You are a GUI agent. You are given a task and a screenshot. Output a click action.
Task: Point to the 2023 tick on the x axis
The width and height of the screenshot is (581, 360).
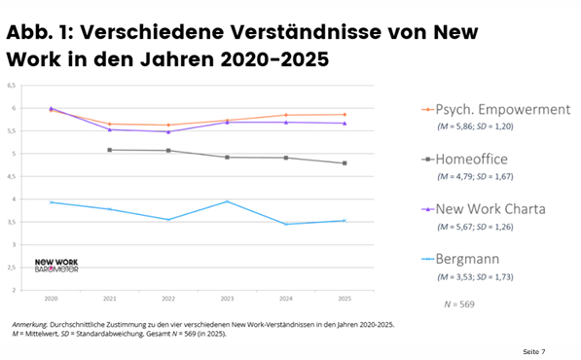click(x=227, y=299)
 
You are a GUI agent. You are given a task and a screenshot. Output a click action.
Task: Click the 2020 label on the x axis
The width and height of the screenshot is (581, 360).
click(x=51, y=299)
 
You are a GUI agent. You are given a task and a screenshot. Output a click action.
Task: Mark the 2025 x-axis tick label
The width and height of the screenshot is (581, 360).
click(x=345, y=299)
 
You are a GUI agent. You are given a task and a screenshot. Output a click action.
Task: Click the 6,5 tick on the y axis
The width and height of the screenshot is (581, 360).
click(x=12, y=86)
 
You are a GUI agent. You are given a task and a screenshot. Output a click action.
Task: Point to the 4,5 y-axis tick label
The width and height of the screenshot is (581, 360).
click(x=12, y=176)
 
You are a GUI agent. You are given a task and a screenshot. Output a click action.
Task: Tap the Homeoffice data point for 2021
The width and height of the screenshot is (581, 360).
click(x=109, y=150)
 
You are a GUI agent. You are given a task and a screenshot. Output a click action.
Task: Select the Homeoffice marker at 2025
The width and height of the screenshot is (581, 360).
click(x=345, y=163)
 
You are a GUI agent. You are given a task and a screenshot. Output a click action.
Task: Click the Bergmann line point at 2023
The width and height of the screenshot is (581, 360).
click(x=227, y=201)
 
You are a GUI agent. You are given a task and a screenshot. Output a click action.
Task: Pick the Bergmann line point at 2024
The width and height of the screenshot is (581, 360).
click(x=286, y=224)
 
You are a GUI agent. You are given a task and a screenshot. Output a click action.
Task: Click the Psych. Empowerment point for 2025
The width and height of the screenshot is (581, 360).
click(x=345, y=115)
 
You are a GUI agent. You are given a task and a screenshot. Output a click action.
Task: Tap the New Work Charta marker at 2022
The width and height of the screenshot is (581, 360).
click(x=168, y=131)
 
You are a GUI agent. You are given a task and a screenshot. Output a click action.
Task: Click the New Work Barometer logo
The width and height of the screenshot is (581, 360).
click(x=55, y=265)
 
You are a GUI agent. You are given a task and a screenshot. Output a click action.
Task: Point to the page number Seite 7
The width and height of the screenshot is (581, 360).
click(x=532, y=349)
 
